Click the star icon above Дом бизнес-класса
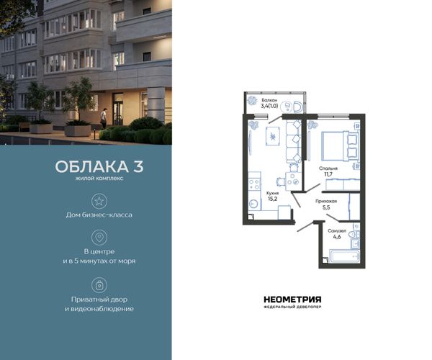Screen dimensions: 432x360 click(99, 201)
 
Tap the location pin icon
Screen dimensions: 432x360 click(99, 237)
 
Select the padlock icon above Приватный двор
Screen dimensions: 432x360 click(99, 285)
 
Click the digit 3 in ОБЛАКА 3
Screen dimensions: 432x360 click(138, 166)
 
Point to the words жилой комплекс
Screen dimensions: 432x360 click(99, 179)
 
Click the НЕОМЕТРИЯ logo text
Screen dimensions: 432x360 click(292, 300)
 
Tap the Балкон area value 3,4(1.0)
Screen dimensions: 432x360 click(269, 106)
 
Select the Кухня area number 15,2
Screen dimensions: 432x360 click(272, 199)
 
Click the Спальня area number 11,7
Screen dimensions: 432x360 click(328, 174)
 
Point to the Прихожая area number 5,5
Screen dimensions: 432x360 click(326, 207)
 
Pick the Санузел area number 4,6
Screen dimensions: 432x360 click(337, 236)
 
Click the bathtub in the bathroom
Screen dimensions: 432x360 click(344, 256)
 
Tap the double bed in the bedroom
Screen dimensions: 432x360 click(340, 146)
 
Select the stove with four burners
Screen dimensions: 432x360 click(254, 184)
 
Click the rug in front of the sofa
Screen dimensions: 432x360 click(273, 136)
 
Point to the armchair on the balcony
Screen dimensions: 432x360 click(298, 107)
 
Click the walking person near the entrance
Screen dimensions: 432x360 click(104, 118)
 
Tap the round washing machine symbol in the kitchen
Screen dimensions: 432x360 click(253, 204)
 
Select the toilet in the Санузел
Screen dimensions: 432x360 click(354, 235)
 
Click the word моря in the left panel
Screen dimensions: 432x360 click(127, 261)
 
